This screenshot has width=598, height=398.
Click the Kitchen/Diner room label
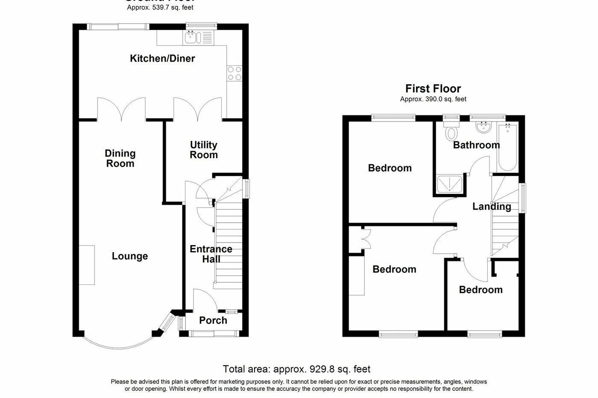162,59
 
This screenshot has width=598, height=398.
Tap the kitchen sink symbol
191,38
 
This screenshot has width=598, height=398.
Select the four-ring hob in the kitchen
234,73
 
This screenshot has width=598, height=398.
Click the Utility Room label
204,150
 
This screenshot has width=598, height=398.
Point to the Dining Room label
120,158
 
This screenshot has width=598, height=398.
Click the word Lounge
130,256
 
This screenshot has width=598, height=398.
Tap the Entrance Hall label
211,254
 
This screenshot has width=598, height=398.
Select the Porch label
213,320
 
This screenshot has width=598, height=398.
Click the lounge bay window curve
117,344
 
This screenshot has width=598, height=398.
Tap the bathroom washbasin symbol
484,127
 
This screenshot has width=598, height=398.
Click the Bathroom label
476,145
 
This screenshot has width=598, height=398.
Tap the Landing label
492,207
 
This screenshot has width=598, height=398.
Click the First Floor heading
433,89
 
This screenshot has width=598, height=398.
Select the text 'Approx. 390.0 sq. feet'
433,99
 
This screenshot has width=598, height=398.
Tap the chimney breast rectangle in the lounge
87,265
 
